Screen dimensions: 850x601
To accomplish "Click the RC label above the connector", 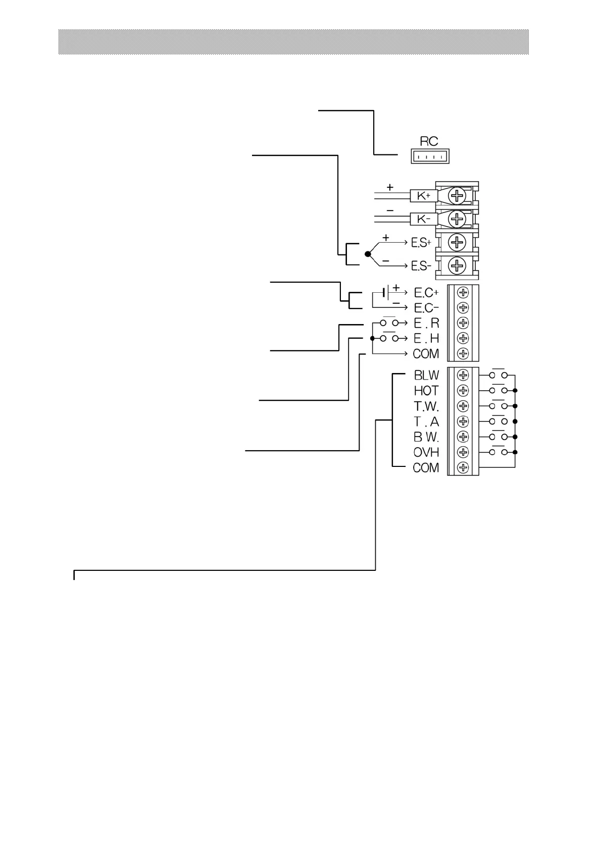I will tap(429, 141).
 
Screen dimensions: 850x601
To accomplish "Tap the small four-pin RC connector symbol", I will tap(430, 157).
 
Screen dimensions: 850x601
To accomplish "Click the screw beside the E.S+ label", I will tap(457, 242).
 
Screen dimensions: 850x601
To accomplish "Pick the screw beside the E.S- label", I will tap(457, 265).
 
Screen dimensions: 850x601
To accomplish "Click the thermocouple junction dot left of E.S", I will tap(368, 254).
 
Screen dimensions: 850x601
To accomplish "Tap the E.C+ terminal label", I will tap(426, 293).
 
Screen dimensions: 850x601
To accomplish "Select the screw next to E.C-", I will tap(463, 308).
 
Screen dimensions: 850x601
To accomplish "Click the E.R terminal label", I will tap(426, 323).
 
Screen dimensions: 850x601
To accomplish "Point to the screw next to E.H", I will tap(463, 338).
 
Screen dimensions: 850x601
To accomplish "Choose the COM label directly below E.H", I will tap(426, 354).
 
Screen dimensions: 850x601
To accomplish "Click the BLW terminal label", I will tap(426, 376).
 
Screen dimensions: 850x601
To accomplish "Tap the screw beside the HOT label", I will tap(463, 391).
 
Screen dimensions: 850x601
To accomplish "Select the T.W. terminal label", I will tap(426, 406).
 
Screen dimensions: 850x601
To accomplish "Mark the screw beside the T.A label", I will tap(463, 421).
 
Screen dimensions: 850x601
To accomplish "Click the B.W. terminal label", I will tap(426, 437).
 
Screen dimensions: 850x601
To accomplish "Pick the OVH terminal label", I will tap(426, 452).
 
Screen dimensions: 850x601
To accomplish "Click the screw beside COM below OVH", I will tap(463, 467).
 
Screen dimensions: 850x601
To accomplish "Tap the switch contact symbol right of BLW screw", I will tap(497, 375).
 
